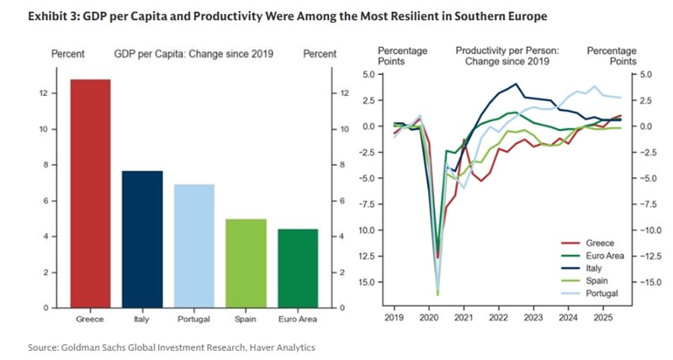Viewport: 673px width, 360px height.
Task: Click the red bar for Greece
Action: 90,193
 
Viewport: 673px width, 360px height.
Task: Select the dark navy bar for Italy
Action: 142,239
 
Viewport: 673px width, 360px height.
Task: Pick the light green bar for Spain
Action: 246,263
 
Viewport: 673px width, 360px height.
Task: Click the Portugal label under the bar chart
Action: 194,320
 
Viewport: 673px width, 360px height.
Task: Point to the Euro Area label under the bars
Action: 298,320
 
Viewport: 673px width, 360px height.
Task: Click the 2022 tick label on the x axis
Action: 496,320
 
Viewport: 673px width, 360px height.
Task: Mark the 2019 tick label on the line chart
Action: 394,320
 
